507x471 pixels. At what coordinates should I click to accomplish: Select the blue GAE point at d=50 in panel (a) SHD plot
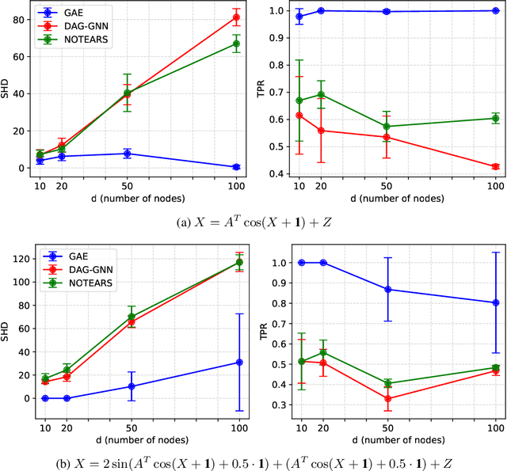point(127,154)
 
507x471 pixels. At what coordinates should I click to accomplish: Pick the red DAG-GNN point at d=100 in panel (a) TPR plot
point(495,166)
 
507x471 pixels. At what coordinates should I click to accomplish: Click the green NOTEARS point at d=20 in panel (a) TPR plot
point(322,94)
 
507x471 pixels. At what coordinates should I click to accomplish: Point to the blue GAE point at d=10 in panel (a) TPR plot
point(299,16)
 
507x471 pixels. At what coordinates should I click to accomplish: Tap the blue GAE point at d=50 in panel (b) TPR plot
point(387,289)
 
